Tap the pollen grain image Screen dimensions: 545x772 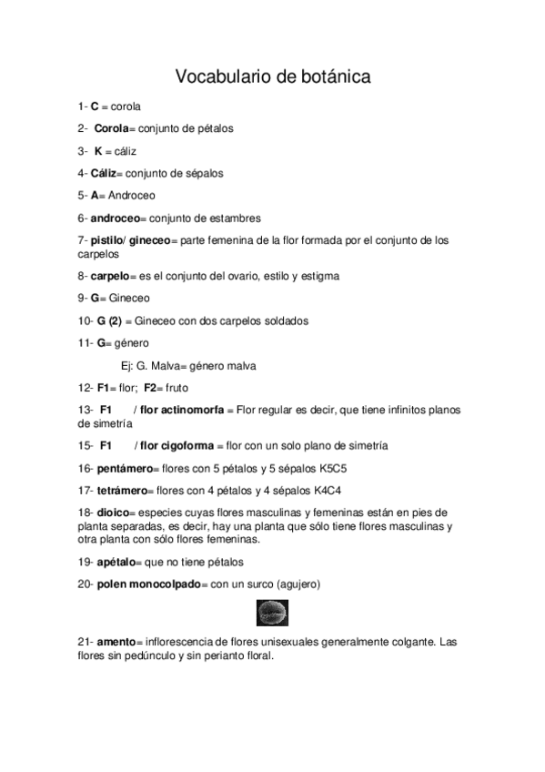[272, 611]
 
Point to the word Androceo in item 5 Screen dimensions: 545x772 [132, 196]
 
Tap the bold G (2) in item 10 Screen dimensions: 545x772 [109, 320]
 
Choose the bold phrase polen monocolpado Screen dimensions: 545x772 [148, 584]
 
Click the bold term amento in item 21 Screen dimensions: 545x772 [114, 643]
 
